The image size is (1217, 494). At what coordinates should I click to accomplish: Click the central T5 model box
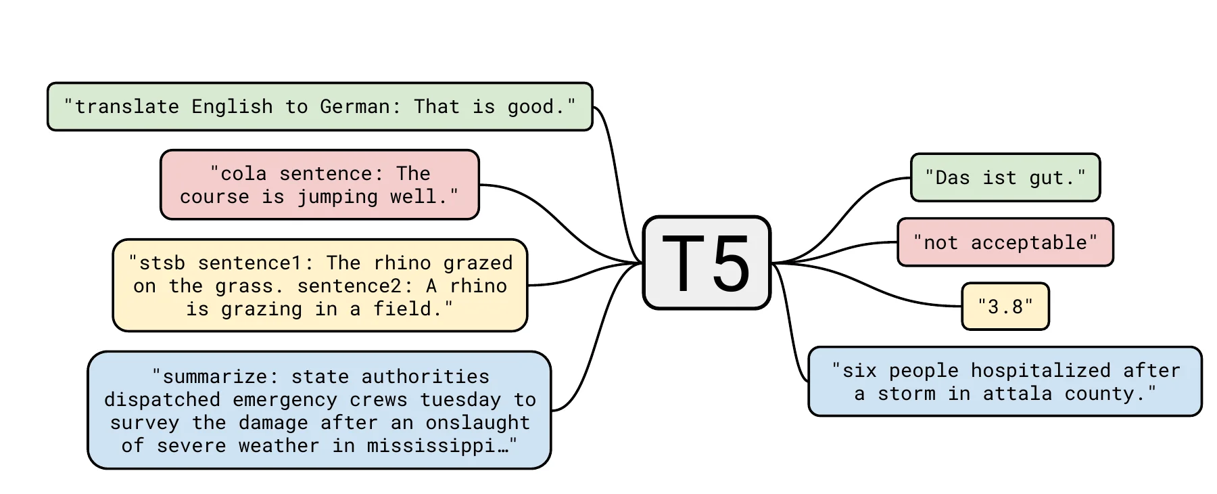tap(707, 263)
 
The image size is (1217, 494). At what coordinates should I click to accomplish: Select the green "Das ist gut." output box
tap(1005, 177)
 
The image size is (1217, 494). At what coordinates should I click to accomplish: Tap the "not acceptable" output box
tap(1005, 242)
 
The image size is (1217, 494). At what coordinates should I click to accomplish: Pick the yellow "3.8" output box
tap(1005, 307)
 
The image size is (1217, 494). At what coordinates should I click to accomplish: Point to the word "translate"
tap(126, 107)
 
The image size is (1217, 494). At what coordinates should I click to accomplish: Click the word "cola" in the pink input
tap(243, 174)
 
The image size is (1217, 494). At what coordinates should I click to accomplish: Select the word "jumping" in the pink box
tap(337, 197)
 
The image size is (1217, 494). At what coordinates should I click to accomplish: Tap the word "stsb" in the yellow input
tap(162, 263)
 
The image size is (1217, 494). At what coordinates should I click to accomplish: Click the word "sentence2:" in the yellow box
tap(355, 286)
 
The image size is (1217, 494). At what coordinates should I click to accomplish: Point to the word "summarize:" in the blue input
tap(220, 376)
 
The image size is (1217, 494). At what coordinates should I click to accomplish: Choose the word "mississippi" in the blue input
tap(431, 446)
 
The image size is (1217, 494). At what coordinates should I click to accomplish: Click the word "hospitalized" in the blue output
tap(1041, 371)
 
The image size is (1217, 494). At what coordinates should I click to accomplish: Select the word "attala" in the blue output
tap(1017, 394)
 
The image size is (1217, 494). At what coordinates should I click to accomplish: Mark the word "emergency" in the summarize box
tap(285, 400)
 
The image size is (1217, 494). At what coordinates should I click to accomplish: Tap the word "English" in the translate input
tap(232, 107)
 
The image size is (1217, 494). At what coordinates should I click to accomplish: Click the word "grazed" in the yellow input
tap(478, 263)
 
